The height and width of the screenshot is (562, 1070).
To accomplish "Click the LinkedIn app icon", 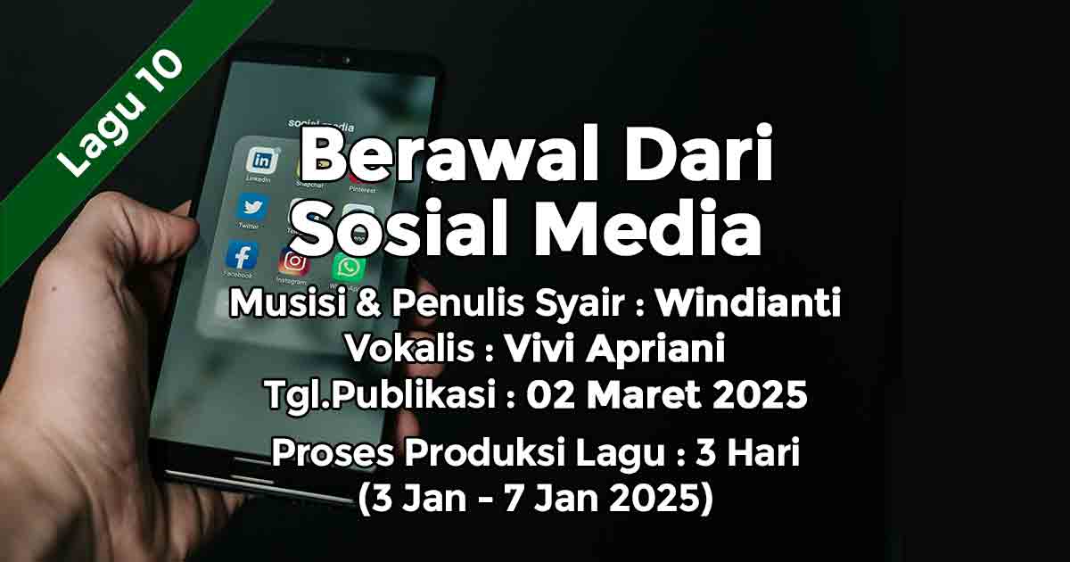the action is (x=261, y=160).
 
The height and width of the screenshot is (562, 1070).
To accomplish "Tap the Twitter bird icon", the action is (x=252, y=207).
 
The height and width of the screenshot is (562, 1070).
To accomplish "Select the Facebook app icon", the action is (x=243, y=256).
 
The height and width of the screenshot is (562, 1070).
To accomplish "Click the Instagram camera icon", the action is (x=294, y=261).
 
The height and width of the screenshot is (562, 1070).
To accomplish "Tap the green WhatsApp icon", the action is (x=349, y=268).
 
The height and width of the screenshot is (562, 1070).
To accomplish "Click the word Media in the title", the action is (x=647, y=228).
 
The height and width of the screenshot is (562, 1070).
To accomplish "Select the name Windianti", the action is (x=747, y=303).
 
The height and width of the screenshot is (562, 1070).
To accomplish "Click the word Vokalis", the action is (x=410, y=349).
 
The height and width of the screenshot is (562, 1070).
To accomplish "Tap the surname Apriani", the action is (x=655, y=349).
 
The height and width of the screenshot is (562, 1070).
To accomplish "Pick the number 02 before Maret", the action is (x=550, y=395).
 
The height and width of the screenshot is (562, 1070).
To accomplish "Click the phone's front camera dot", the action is (x=347, y=61).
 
